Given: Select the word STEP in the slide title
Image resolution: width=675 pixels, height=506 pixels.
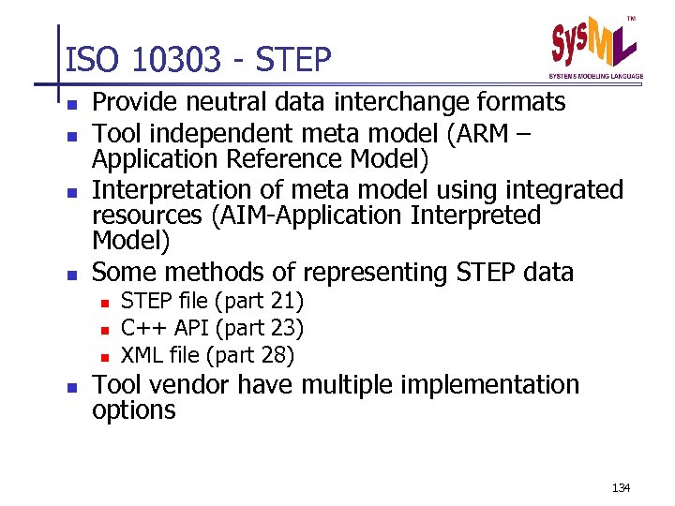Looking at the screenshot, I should (x=293, y=61).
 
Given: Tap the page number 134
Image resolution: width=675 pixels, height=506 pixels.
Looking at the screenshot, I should (x=621, y=488).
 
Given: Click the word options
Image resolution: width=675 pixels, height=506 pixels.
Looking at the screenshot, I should (x=133, y=410).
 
